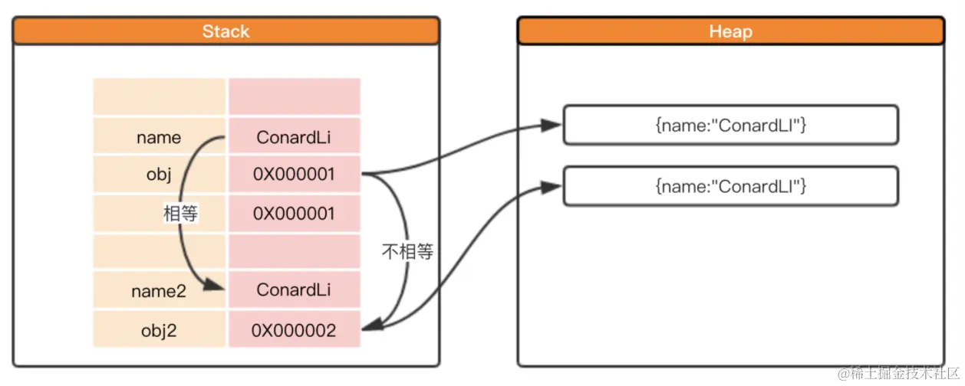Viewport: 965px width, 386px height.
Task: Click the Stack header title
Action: pyautogui.click(x=226, y=31)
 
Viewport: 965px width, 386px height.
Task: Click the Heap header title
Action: pyautogui.click(x=730, y=31)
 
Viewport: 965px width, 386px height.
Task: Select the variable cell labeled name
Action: pyautogui.click(x=159, y=138)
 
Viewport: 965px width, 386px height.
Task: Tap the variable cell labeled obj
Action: pyautogui.click(x=159, y=175)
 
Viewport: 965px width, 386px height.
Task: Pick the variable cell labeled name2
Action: pyautogui.click(x=159, y=290)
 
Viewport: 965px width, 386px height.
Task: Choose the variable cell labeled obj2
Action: pyautogui.click(x=159, y=330)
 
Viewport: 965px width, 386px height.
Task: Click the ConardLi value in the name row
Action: pyautogui.click(x=294, y=138)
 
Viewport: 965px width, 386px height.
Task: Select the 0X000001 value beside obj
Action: pyautogui.click(x=294, y=175)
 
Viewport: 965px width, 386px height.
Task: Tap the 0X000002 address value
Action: pyautogui.click(x=294, y=330)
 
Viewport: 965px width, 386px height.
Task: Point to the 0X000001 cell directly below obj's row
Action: pyautogui.click(x=294, y=214)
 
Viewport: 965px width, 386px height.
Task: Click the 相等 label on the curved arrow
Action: pyautogui.click(x=181, y=214)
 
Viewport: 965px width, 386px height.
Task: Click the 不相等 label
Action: pyautogui.click(x=407, y=251)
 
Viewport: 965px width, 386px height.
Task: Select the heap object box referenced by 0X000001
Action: pyautogui.click(x=730, y=126)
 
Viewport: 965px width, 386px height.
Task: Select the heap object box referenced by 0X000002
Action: pyautogui.click(x=730, y=185)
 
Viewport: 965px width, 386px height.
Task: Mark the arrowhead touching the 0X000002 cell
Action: pyautogui.click(x=371, y=328)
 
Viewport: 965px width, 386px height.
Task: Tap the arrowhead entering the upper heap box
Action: pyautogui.click(x=551, y=125)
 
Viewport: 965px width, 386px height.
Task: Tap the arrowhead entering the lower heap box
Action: pyautogui.click(x=551, y=185)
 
